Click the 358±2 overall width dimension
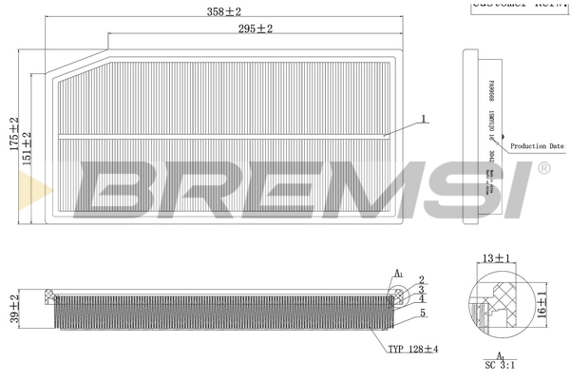tap(223, 11)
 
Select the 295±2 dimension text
tap(254, 29)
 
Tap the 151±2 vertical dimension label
tap(28, 148)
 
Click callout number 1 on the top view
tap(425, 121)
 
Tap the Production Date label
tap(536, 146)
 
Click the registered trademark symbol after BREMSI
tap(542, 169)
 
